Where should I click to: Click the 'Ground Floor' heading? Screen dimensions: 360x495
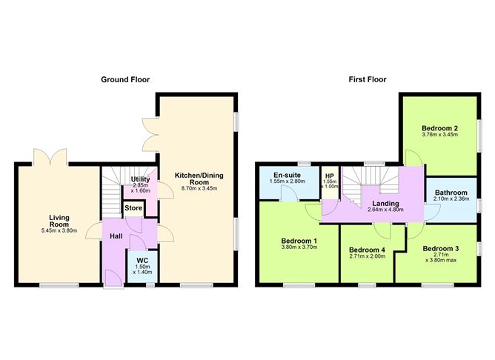[126, 79]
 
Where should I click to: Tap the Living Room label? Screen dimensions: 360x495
[59, 221]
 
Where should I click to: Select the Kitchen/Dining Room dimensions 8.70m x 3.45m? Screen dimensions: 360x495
[199, 189]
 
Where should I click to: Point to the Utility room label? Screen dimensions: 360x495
[140, 179]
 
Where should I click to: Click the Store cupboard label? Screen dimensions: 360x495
[133, 209]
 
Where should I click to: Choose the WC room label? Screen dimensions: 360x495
[140, 260]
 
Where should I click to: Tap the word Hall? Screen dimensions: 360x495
[116, 236]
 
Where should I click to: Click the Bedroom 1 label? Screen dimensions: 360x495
[299, 241]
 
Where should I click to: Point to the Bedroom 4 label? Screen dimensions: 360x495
[367, 250]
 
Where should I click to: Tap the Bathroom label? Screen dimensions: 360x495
[451, 191]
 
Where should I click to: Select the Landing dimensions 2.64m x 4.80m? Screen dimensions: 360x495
[386, 210]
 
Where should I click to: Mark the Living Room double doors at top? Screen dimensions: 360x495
[52, 157]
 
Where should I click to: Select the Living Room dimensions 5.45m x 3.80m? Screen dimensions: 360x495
[59, 230]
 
